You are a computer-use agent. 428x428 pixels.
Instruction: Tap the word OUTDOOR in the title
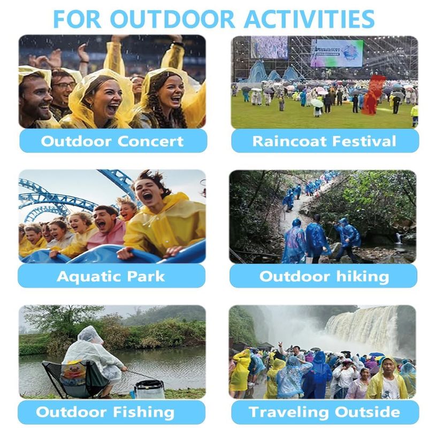point(172,19)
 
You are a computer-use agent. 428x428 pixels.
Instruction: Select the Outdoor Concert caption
point(112,141)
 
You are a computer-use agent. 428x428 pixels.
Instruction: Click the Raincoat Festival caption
point(324,141)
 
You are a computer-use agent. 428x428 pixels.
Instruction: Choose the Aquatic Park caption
point(111,277)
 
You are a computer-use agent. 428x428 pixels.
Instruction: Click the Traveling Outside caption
point(325,412)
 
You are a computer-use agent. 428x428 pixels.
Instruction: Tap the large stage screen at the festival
point(337,52)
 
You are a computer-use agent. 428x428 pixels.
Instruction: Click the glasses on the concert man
point(64,85)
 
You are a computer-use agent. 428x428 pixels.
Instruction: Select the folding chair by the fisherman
point(74,379)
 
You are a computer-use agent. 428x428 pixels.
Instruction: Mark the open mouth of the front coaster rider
point(148,196)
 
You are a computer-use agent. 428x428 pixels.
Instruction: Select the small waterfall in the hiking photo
point(399,238)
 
